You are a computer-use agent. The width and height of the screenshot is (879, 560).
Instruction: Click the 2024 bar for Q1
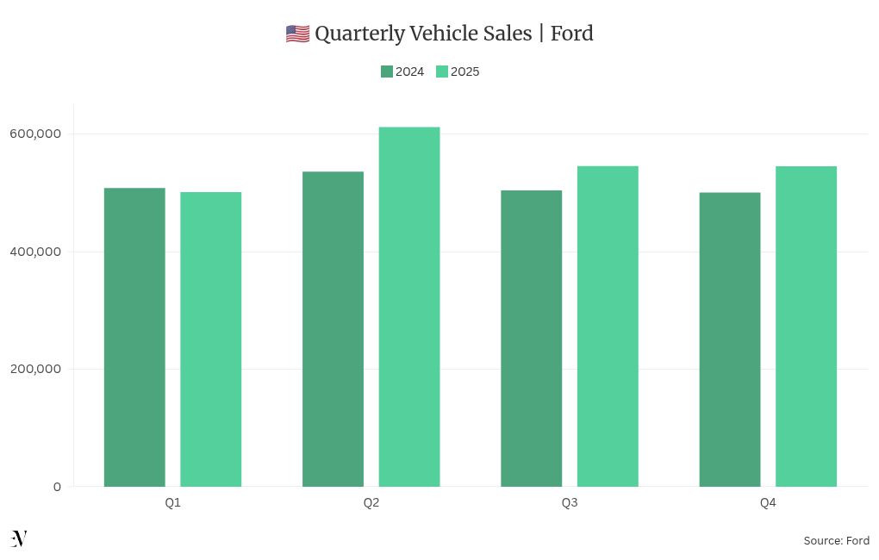click(134, 337)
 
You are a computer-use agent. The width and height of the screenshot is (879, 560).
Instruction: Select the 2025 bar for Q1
click(210, 339)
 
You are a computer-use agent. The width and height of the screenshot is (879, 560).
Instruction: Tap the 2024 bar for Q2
click(333, 329)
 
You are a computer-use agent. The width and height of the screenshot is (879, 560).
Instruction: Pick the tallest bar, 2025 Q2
click(409, 307)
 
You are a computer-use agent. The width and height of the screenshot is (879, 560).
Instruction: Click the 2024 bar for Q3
click(531, 339)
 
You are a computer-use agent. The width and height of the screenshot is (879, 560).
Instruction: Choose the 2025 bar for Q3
click(608, 327)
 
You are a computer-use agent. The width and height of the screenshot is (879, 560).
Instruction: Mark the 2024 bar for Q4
click(730, 339)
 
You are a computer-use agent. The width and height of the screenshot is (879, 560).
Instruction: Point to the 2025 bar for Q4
click(806, 327)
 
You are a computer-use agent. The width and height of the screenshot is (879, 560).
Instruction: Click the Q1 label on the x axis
click(172, 503)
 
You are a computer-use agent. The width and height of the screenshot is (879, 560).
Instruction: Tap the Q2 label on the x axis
click(371, 503)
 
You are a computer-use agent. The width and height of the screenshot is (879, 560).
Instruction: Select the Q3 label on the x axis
click(570, 503)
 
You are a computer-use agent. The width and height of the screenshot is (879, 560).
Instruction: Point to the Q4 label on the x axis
click(768, 503)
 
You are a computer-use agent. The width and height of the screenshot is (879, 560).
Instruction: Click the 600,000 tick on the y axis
click(34, 134)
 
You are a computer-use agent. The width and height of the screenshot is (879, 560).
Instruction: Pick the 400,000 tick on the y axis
click(34, 252)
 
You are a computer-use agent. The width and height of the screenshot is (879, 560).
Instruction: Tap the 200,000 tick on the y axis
click(34, 370)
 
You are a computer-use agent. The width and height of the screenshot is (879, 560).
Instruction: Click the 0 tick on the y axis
click(57, 487)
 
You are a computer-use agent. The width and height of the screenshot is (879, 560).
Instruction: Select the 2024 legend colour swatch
click(387, 72)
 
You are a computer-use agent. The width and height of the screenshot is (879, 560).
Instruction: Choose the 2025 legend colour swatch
click(442, 72)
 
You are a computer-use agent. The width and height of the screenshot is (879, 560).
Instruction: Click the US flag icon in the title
click(297, 34)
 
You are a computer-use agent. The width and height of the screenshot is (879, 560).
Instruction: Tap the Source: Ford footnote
click(836, 541)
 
